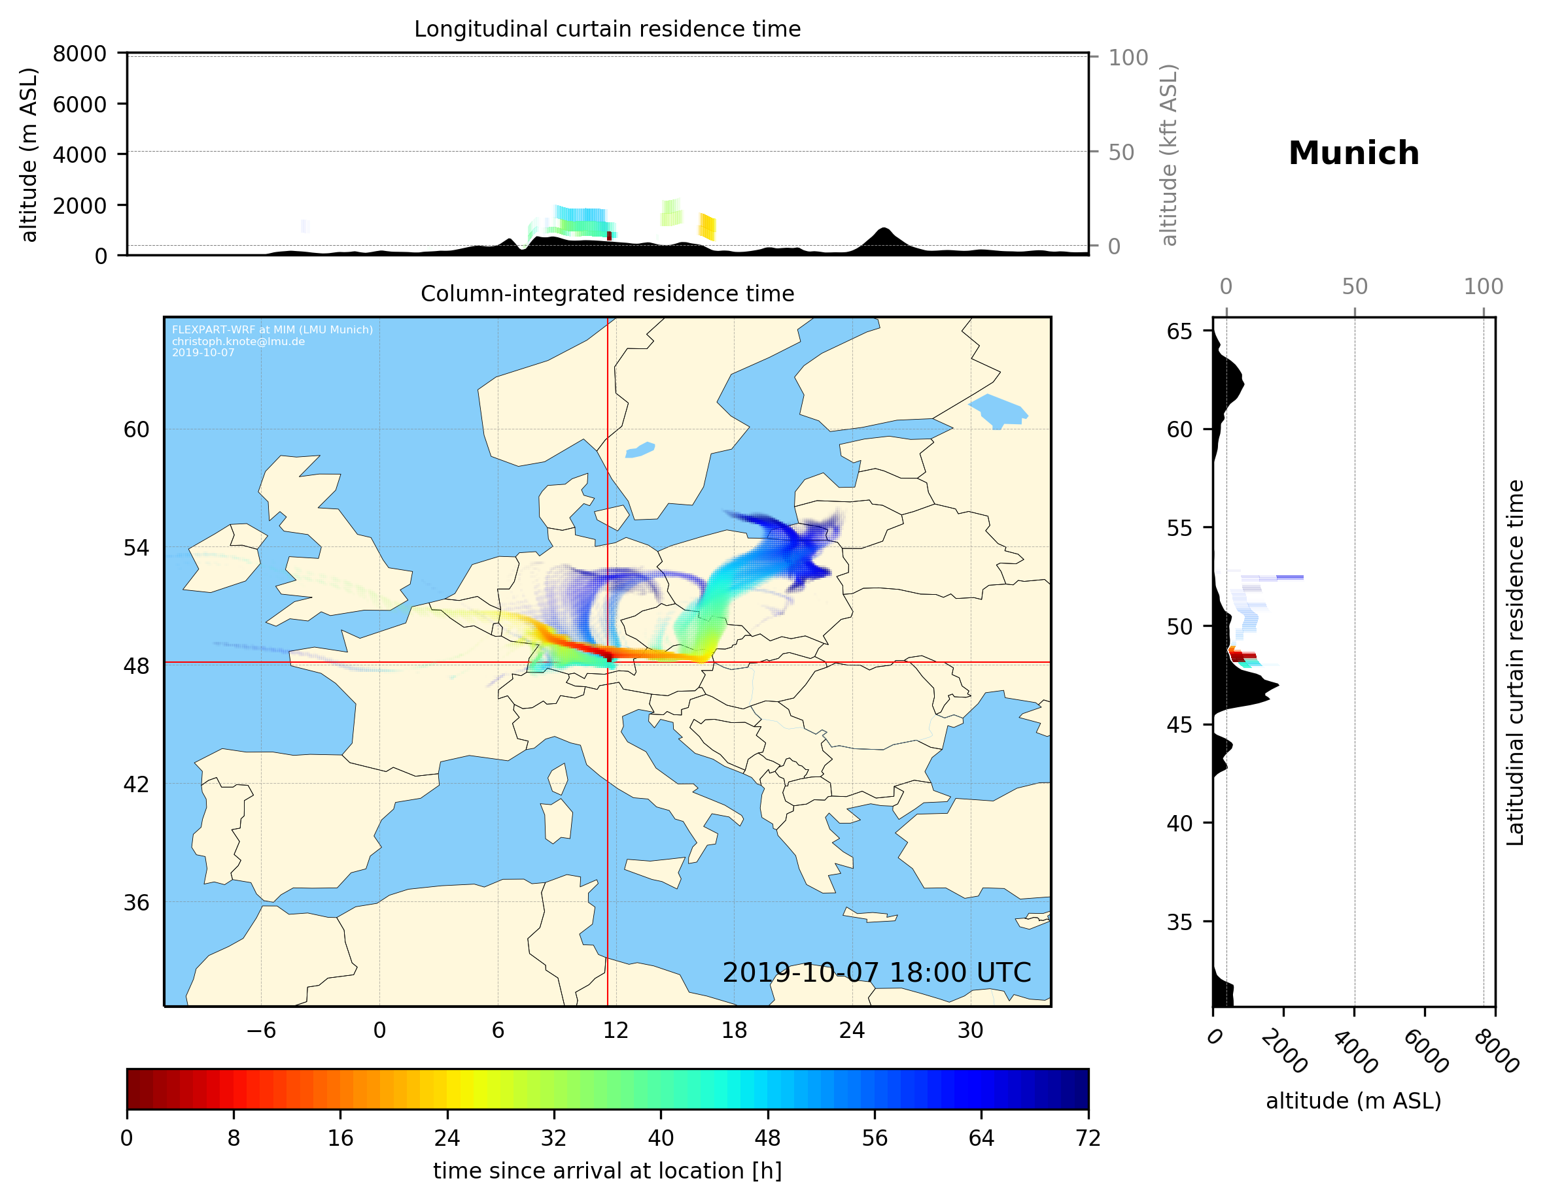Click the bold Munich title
1353,154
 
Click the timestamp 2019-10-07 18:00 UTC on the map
877,973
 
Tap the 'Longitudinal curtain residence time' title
607,29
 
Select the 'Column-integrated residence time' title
607,293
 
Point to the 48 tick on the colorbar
768,1137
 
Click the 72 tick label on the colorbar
1088,1137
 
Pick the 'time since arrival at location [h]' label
607,1171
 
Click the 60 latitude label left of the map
136,429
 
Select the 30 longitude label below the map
971,1030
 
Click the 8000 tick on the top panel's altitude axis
79,54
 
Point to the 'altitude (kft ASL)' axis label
1169,155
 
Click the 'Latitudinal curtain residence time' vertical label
1514,662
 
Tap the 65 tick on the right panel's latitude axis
1179,331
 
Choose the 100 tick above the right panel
1484,287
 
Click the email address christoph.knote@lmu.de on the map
238,341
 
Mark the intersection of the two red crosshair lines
608,663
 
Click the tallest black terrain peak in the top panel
883,229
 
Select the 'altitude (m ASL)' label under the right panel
1353,1101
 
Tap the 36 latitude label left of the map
136,903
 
